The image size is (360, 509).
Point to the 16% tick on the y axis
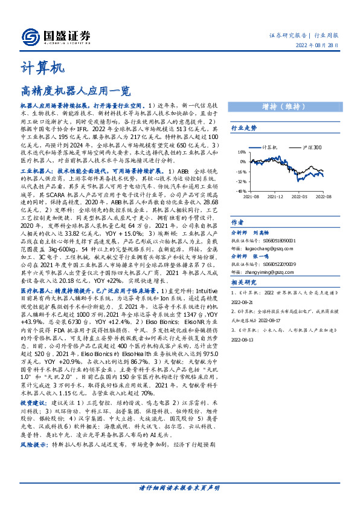coord(242,152)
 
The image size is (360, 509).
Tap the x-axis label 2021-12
coord(275,196)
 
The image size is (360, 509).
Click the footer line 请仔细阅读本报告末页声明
coord(179,488)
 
